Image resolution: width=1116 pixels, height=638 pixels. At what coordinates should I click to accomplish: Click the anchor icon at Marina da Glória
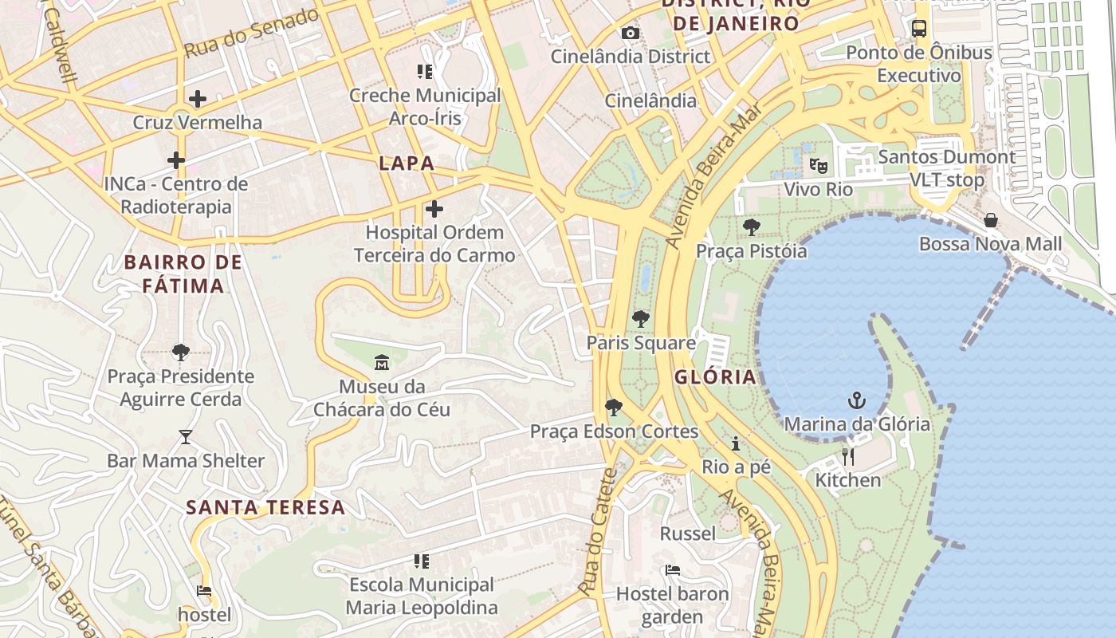tap(857, 400)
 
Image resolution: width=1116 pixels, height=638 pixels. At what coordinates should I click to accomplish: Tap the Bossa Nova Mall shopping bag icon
tap(990, 220)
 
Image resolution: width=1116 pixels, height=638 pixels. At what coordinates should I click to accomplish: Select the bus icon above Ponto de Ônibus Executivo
tap(919, 29)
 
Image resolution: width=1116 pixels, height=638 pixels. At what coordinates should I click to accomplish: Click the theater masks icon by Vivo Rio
tap(818, 166)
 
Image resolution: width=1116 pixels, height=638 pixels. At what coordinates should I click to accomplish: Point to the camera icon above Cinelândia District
tap(630, 33)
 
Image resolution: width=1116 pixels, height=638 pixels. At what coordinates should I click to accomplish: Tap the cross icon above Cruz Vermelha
tap(197, 99)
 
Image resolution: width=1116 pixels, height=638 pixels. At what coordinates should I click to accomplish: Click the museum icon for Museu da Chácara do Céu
tap(382, 363)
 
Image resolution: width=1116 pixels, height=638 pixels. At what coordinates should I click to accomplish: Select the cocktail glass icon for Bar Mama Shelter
tap(186, 437)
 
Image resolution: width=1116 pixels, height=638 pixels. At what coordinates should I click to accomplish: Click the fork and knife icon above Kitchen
tap(848, 456)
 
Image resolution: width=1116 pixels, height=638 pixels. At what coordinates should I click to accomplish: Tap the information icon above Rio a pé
tap(736, 443)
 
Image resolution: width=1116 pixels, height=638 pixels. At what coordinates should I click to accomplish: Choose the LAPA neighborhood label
tap(407, 163)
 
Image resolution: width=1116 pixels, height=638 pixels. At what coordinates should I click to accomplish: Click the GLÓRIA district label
tap(715, 377)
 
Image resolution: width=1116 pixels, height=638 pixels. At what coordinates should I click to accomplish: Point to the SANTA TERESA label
tap(265, 507)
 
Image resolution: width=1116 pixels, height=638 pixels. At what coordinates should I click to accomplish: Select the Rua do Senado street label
tap(251, 33)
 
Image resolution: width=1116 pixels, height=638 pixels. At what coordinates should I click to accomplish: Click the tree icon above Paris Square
tap(640, 320)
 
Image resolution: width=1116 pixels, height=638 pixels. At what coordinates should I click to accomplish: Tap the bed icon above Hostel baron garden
tap(673, 570)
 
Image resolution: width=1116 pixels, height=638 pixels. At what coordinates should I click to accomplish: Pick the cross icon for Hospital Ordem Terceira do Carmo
tap(434, 209)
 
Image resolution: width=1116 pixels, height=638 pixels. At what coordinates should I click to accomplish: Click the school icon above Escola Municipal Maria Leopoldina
tap(422, 561)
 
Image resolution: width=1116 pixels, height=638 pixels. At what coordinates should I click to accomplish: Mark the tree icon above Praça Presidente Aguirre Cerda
tap(181, 352)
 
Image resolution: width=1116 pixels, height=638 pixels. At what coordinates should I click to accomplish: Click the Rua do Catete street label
tap(599, 532)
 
